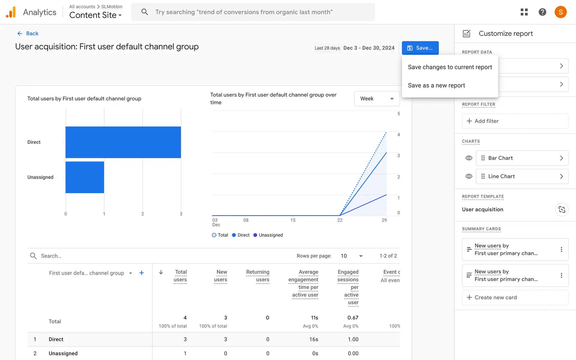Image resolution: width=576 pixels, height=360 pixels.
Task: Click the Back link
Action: [x=28, y=33]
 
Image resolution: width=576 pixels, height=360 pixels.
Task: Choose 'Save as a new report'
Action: [x=436, y=85]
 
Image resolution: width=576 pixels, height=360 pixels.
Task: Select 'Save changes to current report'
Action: [x=450, y=67]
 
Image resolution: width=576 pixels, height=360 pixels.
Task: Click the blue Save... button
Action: [x=420, y=48]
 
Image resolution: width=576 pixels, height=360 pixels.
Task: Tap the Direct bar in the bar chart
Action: [x=123, y=142]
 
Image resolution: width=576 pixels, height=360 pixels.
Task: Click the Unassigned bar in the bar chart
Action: [x=85, y=177]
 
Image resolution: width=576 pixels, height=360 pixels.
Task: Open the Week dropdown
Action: [x=377, y=99]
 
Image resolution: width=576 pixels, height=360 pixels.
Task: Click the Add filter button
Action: [x=515, y=121]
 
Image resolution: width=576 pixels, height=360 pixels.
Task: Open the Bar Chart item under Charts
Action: [x=522, y=158]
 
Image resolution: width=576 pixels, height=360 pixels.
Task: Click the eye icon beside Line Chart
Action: [x=469, y=176]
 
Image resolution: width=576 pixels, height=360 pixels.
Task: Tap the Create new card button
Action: [x=515, y=297]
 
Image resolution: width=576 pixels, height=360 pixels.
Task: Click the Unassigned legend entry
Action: [x=268, y=235]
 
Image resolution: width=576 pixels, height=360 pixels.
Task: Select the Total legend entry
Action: [x=220, y=235]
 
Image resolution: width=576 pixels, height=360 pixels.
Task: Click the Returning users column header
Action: [x=258, y=276]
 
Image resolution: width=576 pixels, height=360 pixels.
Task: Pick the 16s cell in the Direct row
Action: [x=313, y=339]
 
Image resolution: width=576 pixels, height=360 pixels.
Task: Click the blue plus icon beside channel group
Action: [x=142, y=273]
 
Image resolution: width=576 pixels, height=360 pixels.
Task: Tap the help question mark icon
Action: [x=542, y=12]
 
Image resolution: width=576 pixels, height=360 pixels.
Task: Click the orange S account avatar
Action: [x=560, y=12]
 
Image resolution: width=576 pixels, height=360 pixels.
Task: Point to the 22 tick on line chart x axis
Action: [x=340, y=220]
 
